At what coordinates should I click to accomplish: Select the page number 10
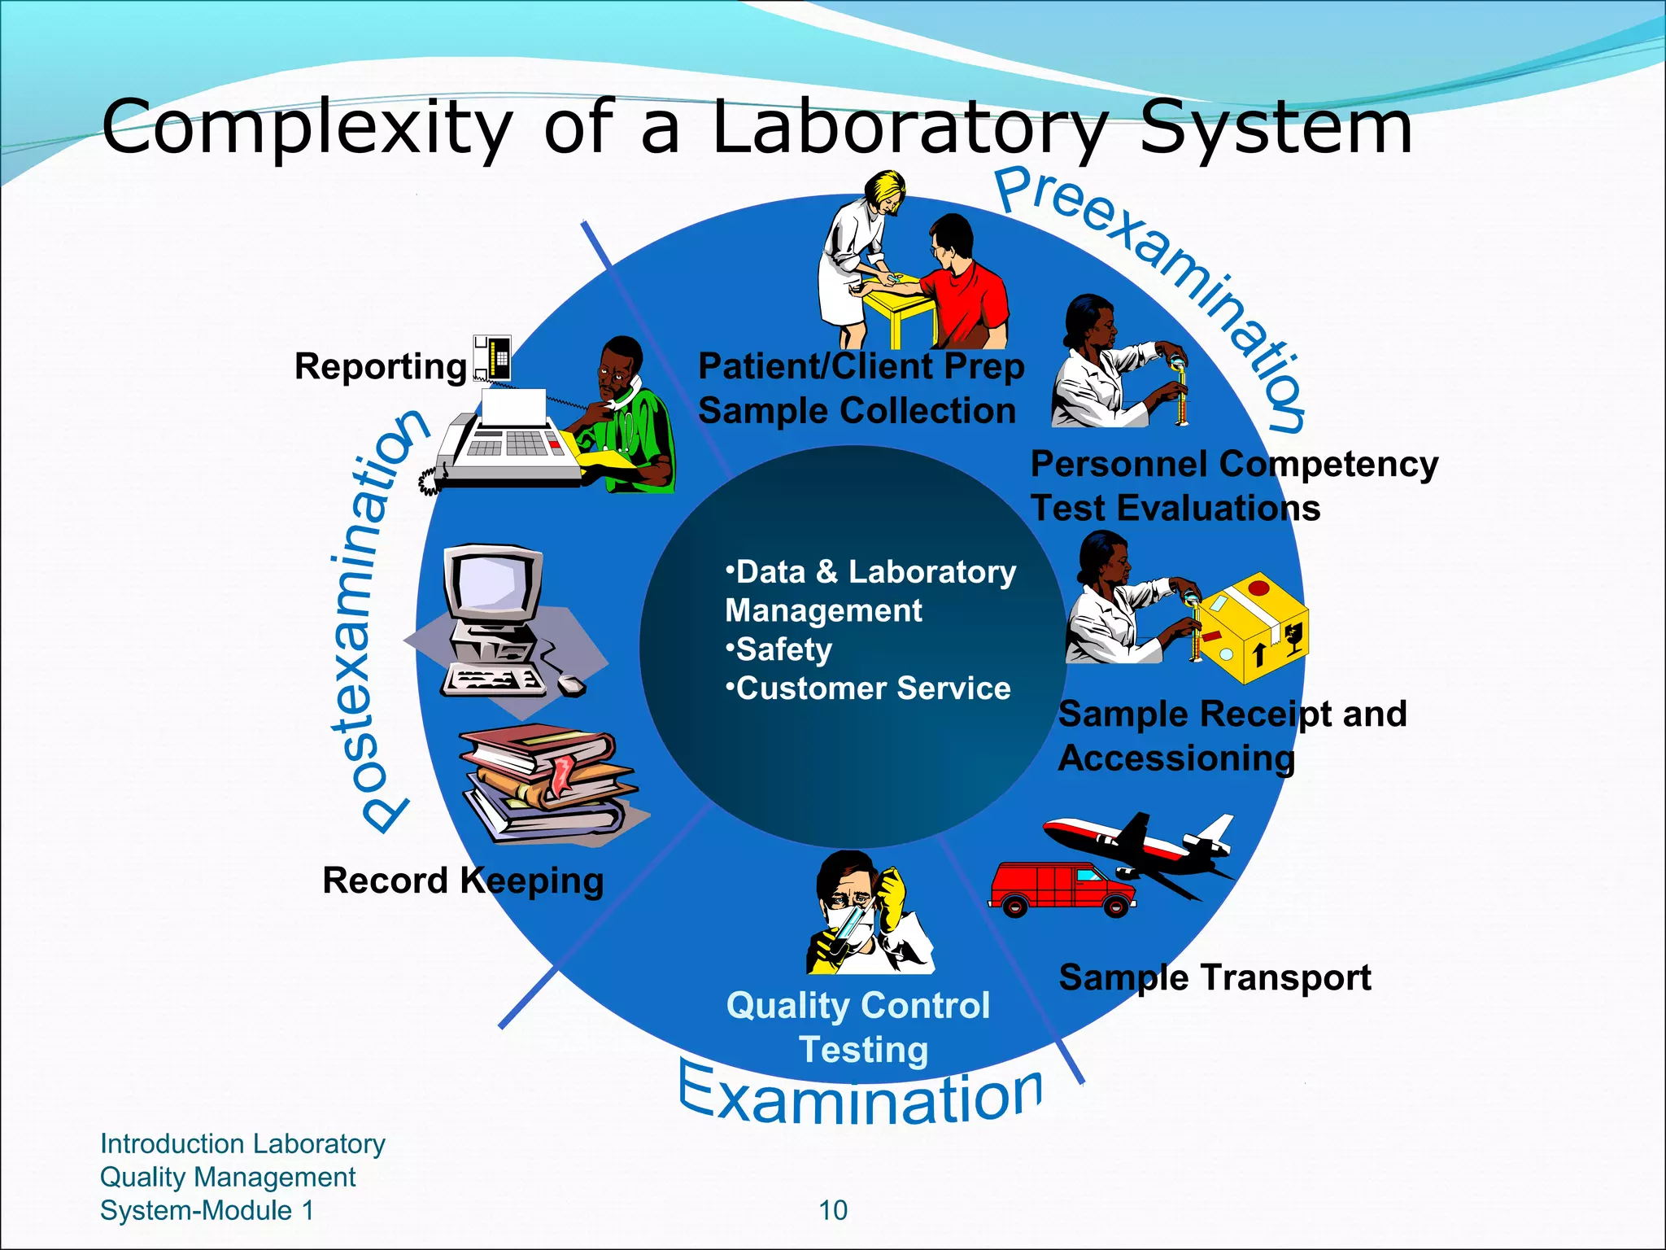pyautogui.click(x=832, y=1210)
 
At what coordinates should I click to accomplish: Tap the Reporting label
pyautogui.click(x=380, y=366)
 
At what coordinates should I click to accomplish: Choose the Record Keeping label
pyautogui.click(x=463, y=881)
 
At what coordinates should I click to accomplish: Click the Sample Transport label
pyautogui.click(x=1215, y=977)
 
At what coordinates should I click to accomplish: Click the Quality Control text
pyautogui.click(x=858, y=1006)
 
